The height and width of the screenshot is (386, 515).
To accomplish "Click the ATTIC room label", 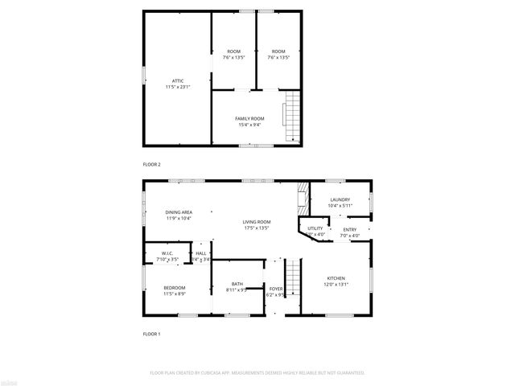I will (177, 80).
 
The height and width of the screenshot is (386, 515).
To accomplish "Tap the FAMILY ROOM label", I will (249, 118).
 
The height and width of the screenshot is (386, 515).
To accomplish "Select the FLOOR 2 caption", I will (152, 164).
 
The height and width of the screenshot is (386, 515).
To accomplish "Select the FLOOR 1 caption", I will (152, 333).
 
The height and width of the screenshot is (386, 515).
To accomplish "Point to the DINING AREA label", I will (179, 211).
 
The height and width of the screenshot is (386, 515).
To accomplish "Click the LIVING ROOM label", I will (257, 221).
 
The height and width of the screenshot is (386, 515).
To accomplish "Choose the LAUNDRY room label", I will (339, 199).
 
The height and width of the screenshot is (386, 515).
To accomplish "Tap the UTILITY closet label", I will (315, 228).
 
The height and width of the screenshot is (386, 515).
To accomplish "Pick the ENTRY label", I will (349, 229).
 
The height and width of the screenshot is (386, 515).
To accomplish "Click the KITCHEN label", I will (336, 278).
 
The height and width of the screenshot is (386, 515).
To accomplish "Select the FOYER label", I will (276, 288).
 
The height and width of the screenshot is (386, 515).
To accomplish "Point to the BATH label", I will (237, 283).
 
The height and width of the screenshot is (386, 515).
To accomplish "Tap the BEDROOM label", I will (175, 287).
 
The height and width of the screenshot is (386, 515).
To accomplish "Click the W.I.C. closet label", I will (167, 253).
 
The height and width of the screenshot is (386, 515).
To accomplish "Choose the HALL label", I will (201, 253).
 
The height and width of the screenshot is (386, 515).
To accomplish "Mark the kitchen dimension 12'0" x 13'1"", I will (336, 284).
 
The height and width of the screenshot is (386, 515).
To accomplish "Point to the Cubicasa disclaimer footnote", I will (257, 373).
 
